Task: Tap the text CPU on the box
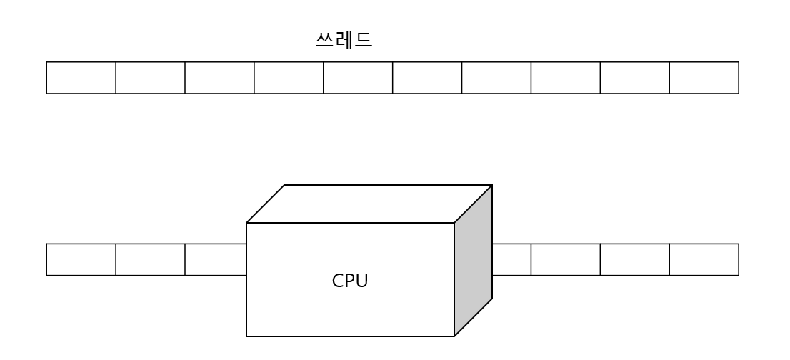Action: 350,281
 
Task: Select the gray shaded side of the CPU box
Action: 473,261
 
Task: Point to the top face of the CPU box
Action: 369,204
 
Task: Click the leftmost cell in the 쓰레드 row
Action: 81,78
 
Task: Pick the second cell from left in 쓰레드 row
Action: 150,78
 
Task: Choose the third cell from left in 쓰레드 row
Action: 219,78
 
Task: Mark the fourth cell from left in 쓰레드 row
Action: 289,78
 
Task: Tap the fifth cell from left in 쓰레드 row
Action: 358,78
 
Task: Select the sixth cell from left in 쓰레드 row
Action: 427,78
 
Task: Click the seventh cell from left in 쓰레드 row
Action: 496,78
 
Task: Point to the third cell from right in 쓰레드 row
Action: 566,78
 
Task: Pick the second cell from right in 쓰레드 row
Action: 635,78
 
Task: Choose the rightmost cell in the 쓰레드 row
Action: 704,78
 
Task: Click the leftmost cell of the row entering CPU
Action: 81,259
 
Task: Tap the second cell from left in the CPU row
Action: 150,259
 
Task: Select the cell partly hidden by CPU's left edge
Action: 215,259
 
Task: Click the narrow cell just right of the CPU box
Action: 511,259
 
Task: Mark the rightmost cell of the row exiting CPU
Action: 704,259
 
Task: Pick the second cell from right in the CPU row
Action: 635,259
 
